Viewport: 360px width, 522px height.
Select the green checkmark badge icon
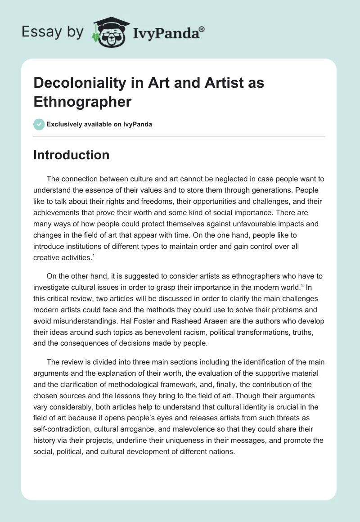[x=39, y=124]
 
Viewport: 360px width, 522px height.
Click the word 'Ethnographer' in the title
[x=82, y=101]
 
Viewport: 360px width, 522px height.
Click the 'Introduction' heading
[x=72, y=155]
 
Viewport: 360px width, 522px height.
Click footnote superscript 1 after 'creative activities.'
[x=93, y=256]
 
